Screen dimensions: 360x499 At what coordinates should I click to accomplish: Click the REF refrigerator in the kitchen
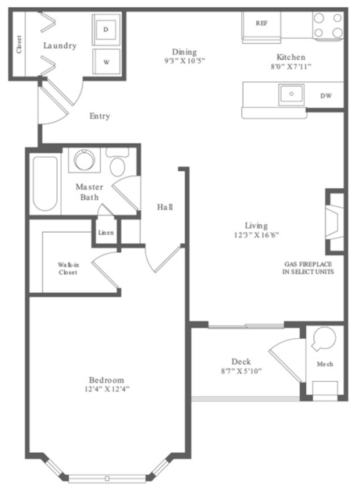262,27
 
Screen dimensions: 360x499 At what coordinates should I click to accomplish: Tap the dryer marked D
106,30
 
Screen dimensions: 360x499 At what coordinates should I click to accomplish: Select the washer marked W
106,62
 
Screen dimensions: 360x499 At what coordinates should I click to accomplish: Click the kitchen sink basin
291,94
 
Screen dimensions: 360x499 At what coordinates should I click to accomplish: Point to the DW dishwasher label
326,95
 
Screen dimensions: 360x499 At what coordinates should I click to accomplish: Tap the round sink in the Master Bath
84,160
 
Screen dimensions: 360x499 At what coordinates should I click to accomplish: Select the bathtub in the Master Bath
45,184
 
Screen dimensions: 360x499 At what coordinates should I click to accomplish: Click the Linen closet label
105,233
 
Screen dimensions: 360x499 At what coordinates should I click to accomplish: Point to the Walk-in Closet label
68,269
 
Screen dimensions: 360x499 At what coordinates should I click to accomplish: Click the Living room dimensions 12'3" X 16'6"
256,235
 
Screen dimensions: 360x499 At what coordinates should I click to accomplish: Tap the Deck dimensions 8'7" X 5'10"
241,371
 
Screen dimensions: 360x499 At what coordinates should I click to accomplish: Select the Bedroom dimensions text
107,389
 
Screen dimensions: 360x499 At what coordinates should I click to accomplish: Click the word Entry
100,116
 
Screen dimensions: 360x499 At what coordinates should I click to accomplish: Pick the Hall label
165,207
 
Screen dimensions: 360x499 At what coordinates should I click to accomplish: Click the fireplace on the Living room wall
334,222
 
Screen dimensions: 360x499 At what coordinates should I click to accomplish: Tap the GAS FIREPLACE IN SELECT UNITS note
308,268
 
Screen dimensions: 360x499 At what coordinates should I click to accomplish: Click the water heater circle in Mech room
324,339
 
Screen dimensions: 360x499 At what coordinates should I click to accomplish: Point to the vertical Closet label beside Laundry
19,45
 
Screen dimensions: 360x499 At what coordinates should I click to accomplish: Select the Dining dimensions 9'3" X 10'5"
184,60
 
